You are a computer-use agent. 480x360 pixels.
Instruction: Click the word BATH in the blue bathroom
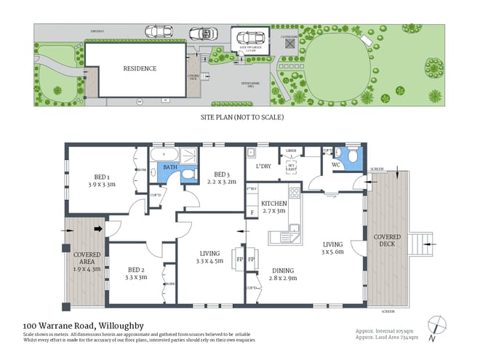click(170, 167)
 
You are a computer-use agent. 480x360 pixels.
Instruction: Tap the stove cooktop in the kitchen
click(295, 193)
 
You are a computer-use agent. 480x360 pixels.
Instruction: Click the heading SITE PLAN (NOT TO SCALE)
click(241, 116)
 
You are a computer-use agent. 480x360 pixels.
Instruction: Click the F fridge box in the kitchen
click(252, 213)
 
